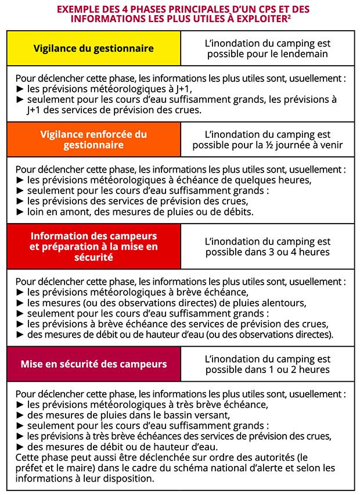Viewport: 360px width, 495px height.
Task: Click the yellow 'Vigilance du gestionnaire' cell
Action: pos(93,48)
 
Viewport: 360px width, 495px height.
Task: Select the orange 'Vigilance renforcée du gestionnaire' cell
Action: pos(93,139)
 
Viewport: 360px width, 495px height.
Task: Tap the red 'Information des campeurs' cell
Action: pos(93,246)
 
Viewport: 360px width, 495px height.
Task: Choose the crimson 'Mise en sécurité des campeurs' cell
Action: pos(93,364)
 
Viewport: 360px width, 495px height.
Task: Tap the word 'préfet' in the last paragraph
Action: pos(30,468)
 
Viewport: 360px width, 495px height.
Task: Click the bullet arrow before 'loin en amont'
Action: pos(20,212)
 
